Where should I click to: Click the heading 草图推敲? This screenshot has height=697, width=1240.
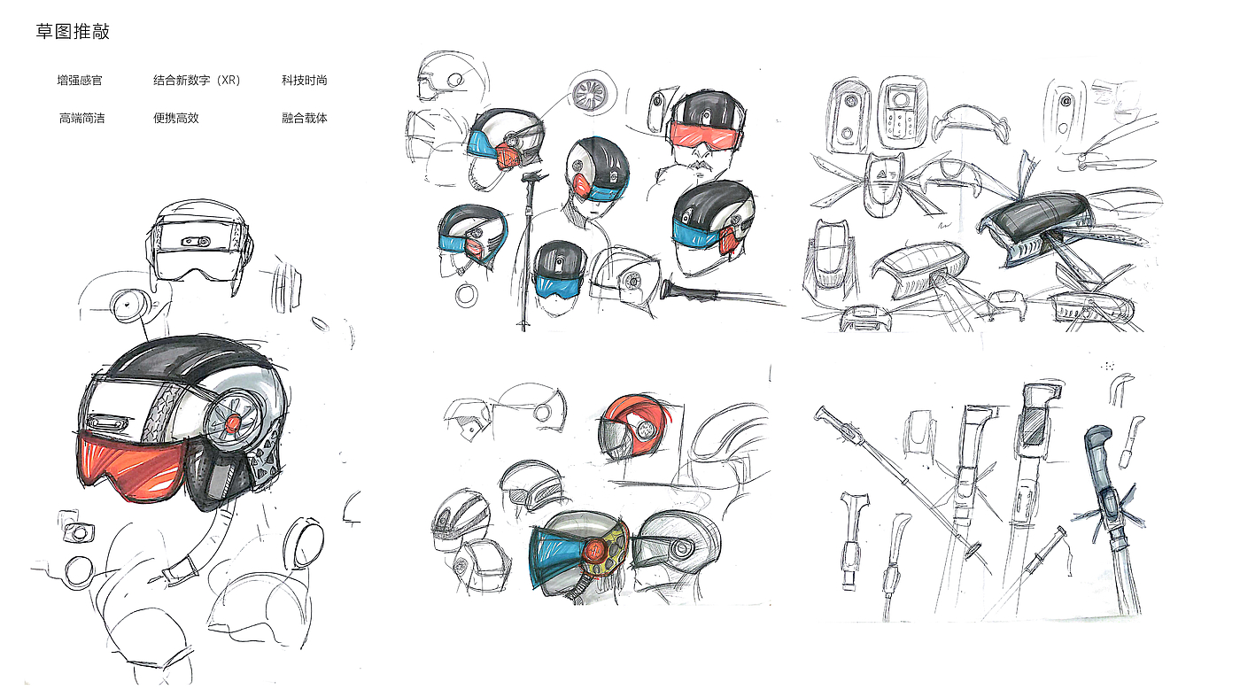pyautogui.click(x=73, y=32)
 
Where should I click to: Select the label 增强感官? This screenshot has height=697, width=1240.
pyautogui.click(x=80, y=81)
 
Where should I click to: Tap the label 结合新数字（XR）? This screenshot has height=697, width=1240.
pyautogui.click(x=197, y=81)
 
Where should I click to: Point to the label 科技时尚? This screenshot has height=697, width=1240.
pyautogui.click(x=305, y=81)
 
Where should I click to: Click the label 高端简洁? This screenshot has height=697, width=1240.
pyautogui.click(x=81, y=118)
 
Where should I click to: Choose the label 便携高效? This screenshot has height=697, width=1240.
pyautogui.click(x=176, y=118)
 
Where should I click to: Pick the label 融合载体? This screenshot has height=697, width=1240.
pyautogui.click(x=305, y=118)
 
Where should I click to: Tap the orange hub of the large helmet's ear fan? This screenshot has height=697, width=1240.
pyautogui.click(x=233, y=423)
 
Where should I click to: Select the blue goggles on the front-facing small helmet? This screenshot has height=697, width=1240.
pyautogui.click(x=559, y=286)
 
